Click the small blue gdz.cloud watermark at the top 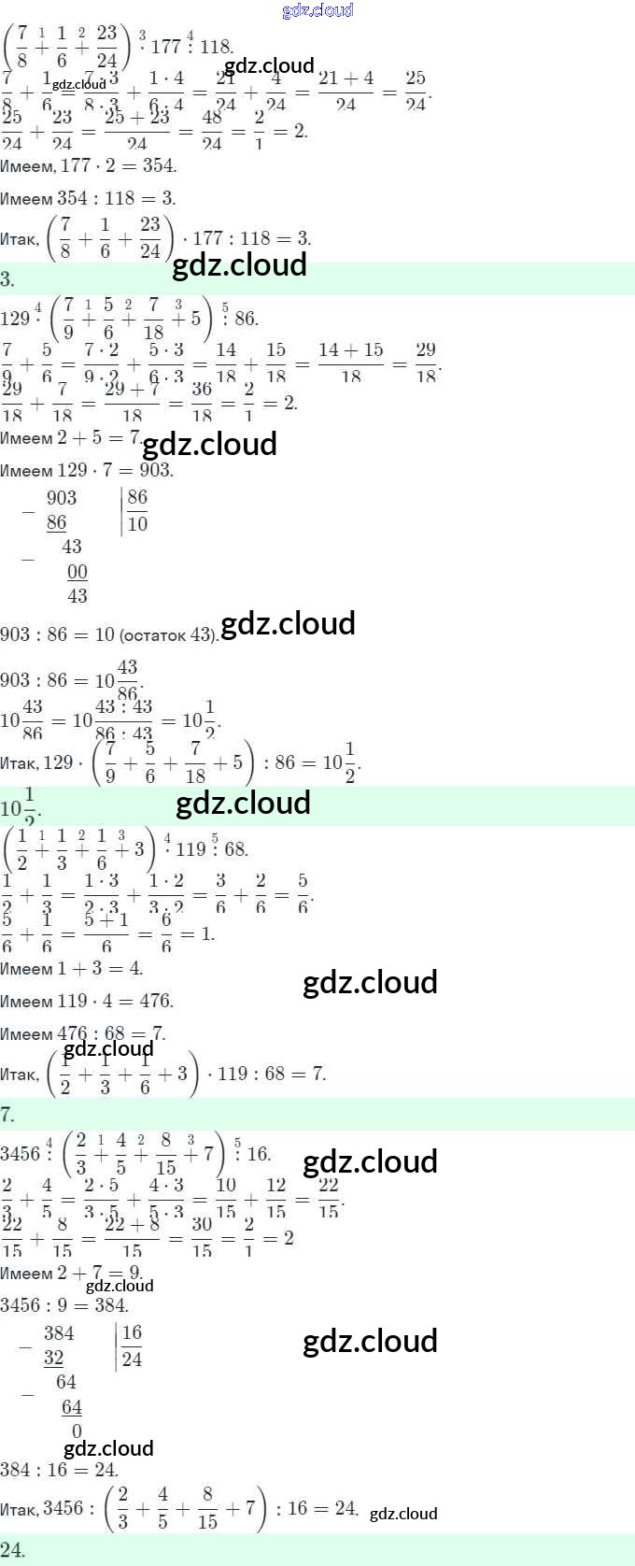[x=317, y=10]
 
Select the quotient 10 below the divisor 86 [x=138, y=523]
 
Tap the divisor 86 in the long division [x=138, y=498]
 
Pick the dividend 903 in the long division [x=62, y=498]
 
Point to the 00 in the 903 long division [x=78, y=572]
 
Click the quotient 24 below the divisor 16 [x=133, y=1359]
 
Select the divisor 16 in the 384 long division [x=133, y=1333]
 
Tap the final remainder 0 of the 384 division [x=77, y=1431]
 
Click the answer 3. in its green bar [x=7, y=278]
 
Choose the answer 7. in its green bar [x=7, y=1113]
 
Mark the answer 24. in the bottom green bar [x=12, y=1551]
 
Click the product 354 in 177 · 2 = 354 [x=158, y=165]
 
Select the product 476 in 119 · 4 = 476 [x=155, y=1001]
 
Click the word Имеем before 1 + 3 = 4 [x=26, y=969]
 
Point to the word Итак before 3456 [x=19, y=1508]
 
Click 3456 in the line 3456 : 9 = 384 [x=21, y=1304]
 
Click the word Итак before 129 [x=19, y=762]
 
